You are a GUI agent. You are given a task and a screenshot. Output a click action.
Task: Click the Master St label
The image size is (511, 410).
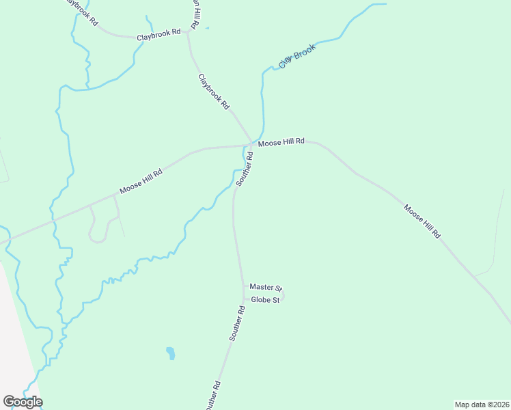click(x=266, y=288)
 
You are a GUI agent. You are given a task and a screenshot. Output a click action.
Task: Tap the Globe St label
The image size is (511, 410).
click(x=266, y=300)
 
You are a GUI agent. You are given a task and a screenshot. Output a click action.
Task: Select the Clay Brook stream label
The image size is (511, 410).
click(x=297, y=57)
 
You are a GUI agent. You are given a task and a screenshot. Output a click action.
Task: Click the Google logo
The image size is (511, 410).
click(x=23, y=402)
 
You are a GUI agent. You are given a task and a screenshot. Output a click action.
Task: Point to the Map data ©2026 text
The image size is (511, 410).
click(x=482, y=405)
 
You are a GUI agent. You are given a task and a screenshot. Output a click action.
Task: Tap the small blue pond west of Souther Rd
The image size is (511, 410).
click(x=170, y=353)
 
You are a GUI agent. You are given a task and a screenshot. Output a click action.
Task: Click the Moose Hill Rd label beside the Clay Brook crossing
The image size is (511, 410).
click(x=281, y=141)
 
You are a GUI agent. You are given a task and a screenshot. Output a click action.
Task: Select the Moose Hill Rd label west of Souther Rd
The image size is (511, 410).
click(x=141, y=182)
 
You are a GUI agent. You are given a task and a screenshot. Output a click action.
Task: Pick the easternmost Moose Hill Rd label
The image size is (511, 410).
click(x=422, y=221)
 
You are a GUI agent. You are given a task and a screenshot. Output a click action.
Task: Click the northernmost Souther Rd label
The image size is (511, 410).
click(x=245, y=169)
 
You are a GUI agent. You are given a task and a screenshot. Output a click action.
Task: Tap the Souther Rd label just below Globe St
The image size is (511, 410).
click(x=237, y=323)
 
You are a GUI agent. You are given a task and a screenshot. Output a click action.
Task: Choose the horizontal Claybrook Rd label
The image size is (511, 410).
click(x=158, y=33)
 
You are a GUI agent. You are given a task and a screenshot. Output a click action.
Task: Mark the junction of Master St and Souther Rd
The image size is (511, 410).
click(x=243, y=287)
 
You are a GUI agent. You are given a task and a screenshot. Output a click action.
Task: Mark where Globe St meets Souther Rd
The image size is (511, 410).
click(x=244, y=299)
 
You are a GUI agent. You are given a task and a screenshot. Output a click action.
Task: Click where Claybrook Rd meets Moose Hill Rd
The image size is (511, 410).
click(x=253, y=143)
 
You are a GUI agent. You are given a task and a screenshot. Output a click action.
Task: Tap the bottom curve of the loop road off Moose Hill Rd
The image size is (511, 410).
click(x=98, y=241)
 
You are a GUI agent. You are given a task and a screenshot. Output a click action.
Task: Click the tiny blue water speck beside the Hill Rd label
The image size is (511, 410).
click(x=207, y=29)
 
